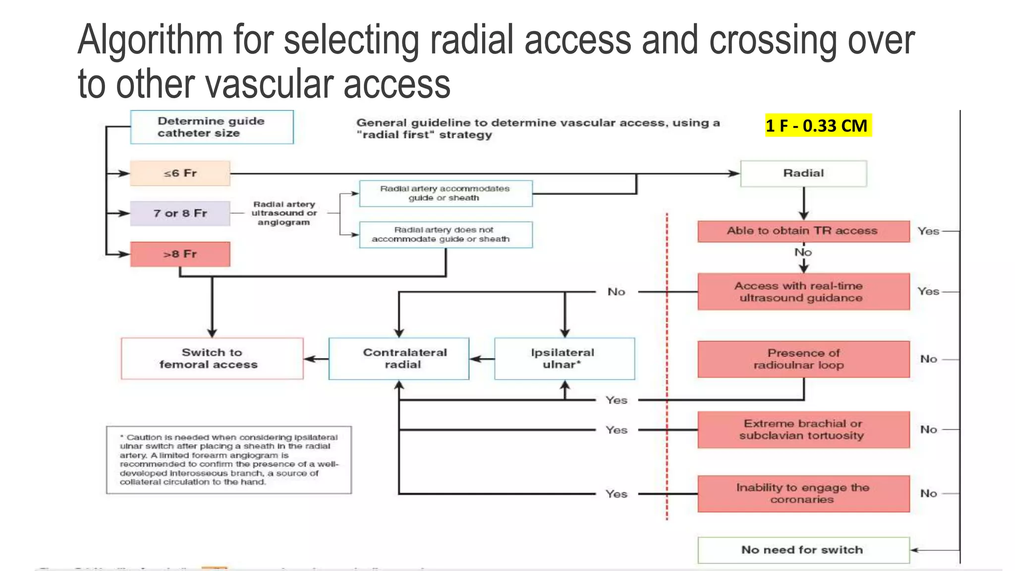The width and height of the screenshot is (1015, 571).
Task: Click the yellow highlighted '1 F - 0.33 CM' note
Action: (817, 125)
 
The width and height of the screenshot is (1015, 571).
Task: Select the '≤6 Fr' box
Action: (180, 173)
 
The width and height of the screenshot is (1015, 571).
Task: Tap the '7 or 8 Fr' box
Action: (180, 213)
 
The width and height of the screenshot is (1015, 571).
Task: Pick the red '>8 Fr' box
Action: (180, 254)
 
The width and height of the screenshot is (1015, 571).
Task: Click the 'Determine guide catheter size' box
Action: (212, 127)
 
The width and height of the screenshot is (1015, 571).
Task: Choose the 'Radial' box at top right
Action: (803, 173)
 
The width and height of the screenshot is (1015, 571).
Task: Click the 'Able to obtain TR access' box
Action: (803, 231)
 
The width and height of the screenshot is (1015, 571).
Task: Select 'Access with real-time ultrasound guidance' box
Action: (803, 292)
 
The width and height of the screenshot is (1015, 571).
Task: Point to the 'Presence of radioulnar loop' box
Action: (803, 359)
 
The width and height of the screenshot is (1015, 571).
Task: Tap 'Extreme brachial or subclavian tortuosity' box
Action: (803, 430)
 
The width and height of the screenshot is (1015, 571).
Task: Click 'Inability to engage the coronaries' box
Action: (803, 494)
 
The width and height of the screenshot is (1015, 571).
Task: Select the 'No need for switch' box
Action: (803, 550)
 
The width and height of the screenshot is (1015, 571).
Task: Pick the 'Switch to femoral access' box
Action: (212, 359)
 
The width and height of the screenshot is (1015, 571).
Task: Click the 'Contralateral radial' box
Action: (399, 359)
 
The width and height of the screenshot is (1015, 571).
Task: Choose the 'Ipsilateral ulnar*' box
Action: (564, 359)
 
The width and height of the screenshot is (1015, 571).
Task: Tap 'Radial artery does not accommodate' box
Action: (446, 234)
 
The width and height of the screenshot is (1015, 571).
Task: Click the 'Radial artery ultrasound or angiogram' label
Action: (284, 213)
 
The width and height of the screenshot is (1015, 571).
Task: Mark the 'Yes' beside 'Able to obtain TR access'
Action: (928, 231)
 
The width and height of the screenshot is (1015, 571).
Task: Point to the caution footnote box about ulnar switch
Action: (228, 459)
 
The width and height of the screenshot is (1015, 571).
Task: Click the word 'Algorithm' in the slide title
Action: (150, 41)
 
